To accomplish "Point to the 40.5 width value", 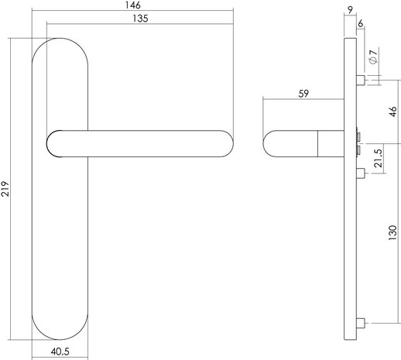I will point(63,351).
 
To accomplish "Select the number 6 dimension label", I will point(362,24).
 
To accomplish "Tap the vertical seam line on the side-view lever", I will point(317,144).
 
